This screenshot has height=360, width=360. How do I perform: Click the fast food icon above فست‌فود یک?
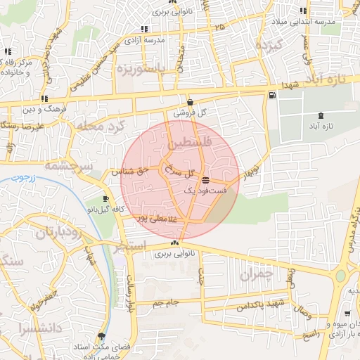pyautogui.click(x=205, y=180)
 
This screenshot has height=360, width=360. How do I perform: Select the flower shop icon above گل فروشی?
pyautogui.click(x=191, y=103)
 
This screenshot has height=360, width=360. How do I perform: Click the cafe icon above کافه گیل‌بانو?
pyautogui.click(x=105, y=199)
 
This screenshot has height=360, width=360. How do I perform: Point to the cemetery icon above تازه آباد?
pyautogui.click(x=321, y=115)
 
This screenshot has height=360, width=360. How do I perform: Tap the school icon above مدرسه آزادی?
pyautogui.click(x=144, y=30)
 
